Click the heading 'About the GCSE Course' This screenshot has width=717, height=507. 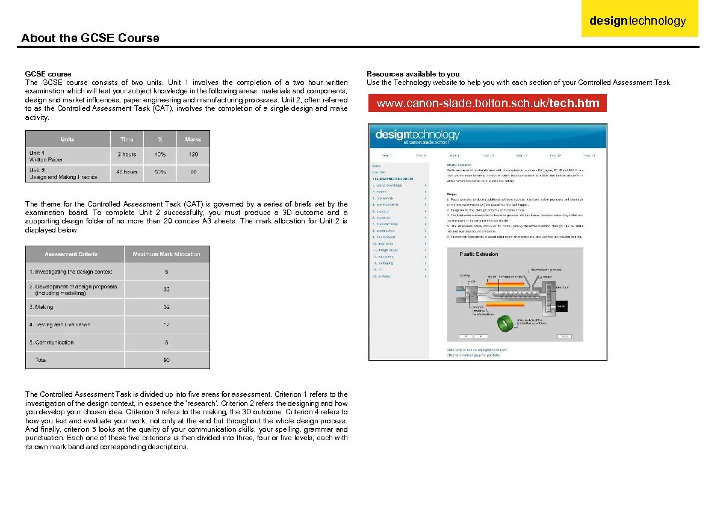click(x=90, y=38)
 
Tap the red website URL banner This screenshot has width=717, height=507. click(x=488, y=104)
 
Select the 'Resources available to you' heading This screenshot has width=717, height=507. click(x=413, y=74)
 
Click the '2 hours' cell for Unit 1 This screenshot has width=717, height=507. click(x=126, y=155)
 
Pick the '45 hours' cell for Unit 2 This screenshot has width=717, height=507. click(x=126, y=172)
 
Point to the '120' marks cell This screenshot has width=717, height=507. click(x=193, y=155)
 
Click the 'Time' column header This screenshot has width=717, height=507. click(x=126, y=139)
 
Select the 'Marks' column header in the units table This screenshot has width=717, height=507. click(x=193, y=139)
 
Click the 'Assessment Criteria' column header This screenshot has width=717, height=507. click(x=71, y=254)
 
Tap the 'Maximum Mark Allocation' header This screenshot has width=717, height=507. click(x=167, y=254)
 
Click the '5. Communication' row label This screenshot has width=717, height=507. click(x=52, y=343)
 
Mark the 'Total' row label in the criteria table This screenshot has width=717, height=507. click(x=40, y=360)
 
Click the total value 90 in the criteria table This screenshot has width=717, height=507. click(x=167, y=360)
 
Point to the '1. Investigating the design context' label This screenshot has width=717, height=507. click(x=70, y=272)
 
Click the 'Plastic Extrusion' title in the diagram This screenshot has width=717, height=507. click(x=479, y=254)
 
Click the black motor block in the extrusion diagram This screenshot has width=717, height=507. click(x=561, y=306)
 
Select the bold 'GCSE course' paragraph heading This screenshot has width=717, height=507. click(x=48, y=74)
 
